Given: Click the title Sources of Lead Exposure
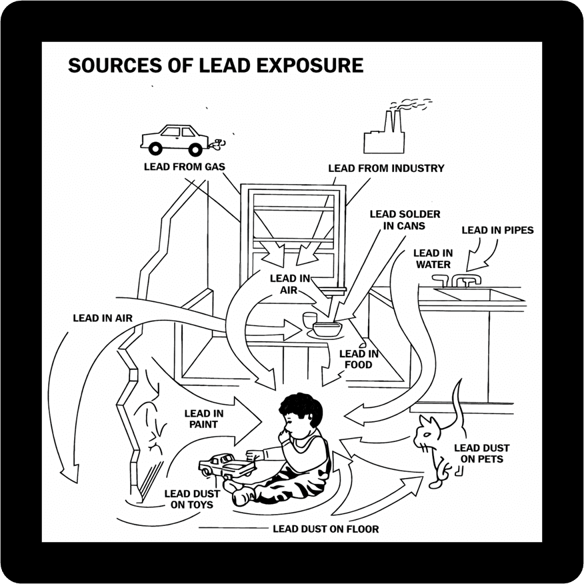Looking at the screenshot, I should coord(215,65).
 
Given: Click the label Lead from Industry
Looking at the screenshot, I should coord(386,169).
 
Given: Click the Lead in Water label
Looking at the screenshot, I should coord(433,259).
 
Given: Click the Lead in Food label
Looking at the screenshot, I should coord(359,359).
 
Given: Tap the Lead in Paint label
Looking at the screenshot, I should coord(204,419).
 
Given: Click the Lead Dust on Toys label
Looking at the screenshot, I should coord(189,499).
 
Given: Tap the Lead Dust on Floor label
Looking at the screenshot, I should coord(325,529).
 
